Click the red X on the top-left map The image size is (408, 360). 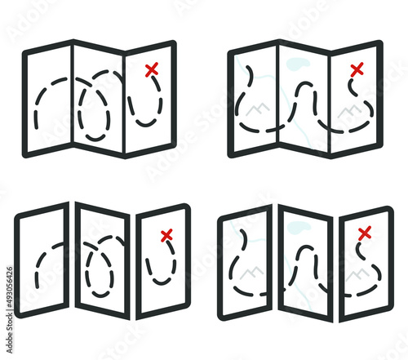pyautogui.click(x=151, y=71)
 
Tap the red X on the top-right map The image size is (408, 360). pyautogui.click(x=356, y=71)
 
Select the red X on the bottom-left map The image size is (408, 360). pyautogui.click(x=167, y=236)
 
